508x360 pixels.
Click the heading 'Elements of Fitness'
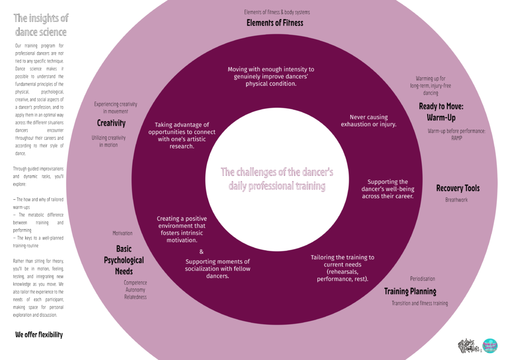coord(274,23)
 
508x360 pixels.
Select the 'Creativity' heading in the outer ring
coord(111,123)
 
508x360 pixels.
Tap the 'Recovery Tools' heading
coord(457,188)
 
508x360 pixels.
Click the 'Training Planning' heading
coord(410,292)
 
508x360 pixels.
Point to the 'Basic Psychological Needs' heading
coord(124,260)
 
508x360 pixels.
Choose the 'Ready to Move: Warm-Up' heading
coord(441,112)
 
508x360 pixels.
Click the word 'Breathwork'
coord(456,200)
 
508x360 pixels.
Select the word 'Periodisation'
coord(422,279)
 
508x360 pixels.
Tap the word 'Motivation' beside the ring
coord(123,233)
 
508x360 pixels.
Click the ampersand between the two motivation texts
coord(201,252)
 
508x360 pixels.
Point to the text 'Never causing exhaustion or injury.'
coord(368,121)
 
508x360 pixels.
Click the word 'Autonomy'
coord(135,290)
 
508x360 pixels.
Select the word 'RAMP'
coord(456,138)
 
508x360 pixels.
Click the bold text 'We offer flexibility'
coord(39,335)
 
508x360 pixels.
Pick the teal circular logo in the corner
coord(490,346)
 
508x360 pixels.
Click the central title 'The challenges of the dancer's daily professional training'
coord(277,179)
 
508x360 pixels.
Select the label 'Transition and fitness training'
coord(420,303)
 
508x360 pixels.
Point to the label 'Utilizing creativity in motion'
coord(109,141)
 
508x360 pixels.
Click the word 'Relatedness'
coord(135,297)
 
